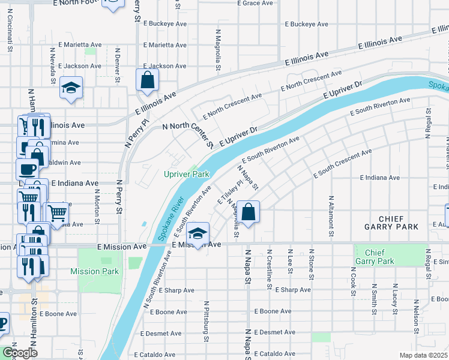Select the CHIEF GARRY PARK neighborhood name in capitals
pyautogui.click(x=390, y=223)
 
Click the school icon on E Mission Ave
pyautogui.click(x=197, y=233)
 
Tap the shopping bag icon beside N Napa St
pyautogui.click(x=249, y=211)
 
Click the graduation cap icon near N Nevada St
pyautogui.click(x=70, y=88)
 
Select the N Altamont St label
pyautogui.click(x=330, y=214)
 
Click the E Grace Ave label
pyautogui.click(x=256, y=3)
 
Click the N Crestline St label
pyautogui.click(x=270, y=269)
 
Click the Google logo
pyautogui.click(x=19, y=353)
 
